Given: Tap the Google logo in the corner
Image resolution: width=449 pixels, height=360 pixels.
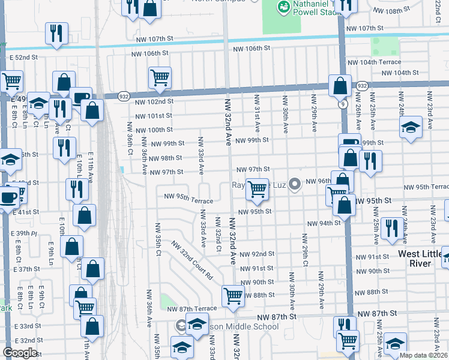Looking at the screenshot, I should tap(20, 353).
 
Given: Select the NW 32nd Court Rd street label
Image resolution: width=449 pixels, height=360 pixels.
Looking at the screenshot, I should tap(192, 261).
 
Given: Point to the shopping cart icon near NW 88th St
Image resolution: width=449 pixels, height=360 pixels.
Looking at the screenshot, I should tap(233, 295).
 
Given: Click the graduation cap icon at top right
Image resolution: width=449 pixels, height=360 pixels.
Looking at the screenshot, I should tap(411, 127).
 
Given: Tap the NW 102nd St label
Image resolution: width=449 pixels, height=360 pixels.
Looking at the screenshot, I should tap(154, 102).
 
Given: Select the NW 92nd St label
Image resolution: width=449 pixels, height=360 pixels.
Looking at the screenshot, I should tap(256, 254).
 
